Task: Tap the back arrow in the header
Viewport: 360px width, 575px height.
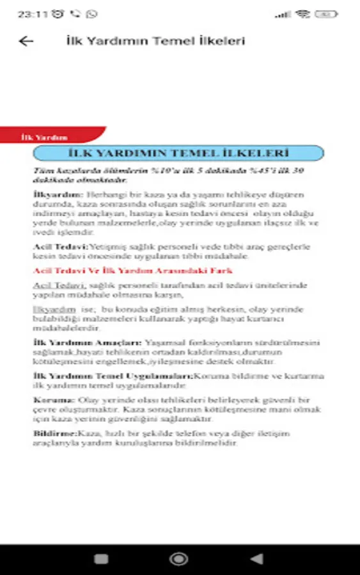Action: click(26, 41)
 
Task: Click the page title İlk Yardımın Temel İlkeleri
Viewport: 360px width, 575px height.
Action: click(155, 41)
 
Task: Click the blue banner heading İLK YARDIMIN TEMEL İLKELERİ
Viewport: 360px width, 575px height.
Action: click(178, 153)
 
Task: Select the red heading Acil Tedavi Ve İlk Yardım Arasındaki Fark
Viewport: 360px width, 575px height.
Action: click(132, 271)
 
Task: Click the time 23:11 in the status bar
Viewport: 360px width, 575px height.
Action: click(31, 13)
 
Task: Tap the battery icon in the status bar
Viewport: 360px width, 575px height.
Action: click(327, 13)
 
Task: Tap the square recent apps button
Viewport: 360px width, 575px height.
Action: click(101, 559)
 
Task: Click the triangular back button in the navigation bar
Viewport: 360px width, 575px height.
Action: click(257, 559)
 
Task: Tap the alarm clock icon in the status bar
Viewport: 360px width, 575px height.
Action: click(58, 13)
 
